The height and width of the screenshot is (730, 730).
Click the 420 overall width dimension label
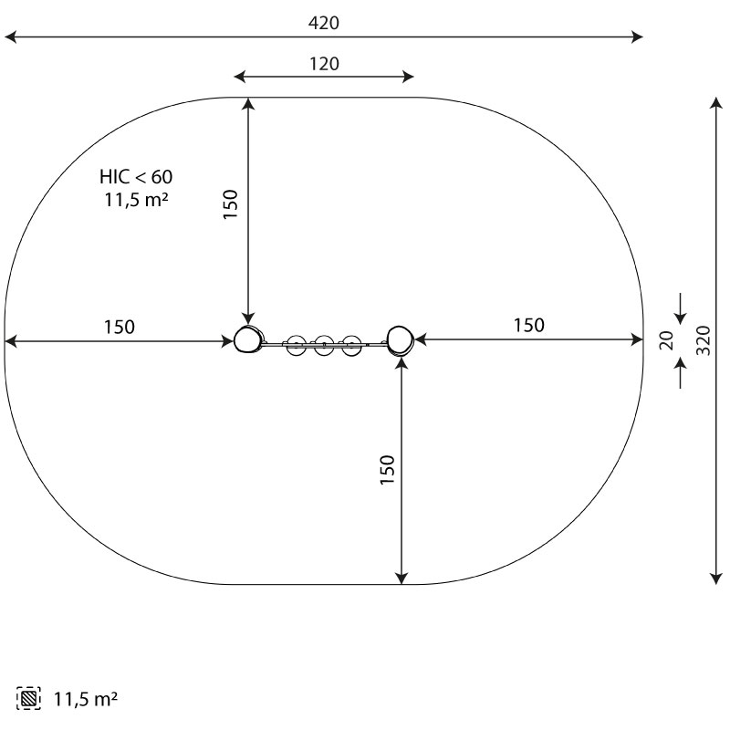tap(324, 23)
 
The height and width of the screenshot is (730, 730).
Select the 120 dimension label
tap(324, 64)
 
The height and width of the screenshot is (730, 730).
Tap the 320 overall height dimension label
tap(704, 340)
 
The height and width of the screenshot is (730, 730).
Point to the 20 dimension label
tap(667, 340)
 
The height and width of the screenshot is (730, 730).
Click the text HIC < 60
tap(136, 177)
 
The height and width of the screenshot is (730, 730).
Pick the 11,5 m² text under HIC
tap(136, 200)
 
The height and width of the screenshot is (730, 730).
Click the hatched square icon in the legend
tap(28, 698)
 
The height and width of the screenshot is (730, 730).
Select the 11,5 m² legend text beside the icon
tap(86, 699)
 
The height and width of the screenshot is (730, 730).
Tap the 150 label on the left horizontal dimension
tap(120, 328)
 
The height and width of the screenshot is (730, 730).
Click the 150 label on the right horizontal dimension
tap(529, 326)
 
